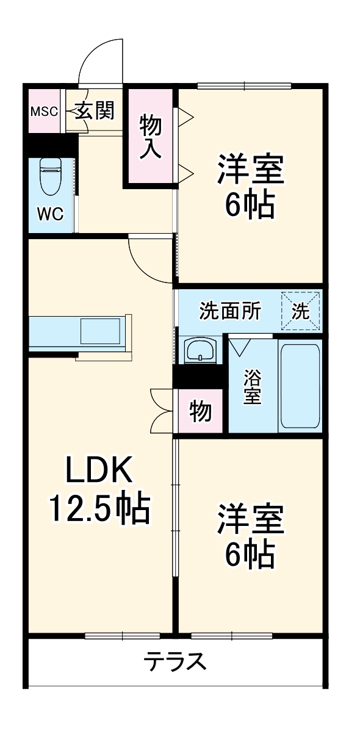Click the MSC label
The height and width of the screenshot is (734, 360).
pos(45,112)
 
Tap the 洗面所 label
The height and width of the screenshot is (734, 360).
pos(231,311)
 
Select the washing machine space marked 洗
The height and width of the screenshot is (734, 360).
pos(300,311)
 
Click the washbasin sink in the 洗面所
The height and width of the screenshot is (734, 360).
pos(200,351)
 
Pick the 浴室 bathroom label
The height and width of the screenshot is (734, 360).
pos(252,386)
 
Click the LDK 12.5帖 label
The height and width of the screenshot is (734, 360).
pos(99,490)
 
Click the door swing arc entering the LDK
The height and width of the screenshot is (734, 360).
pos(149,259)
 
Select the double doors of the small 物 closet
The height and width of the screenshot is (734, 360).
pos(162,410)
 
